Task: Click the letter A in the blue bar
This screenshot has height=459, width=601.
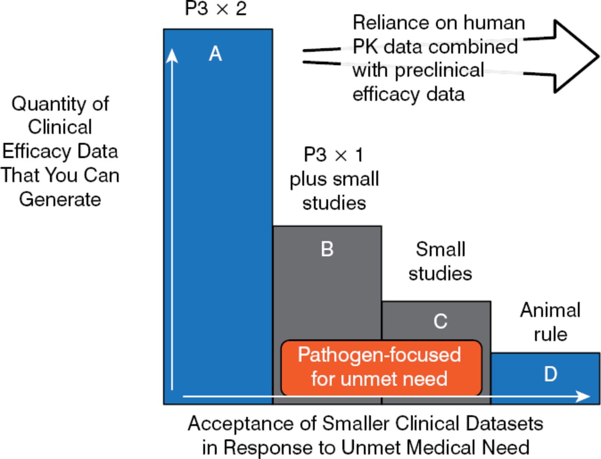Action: point(215,54)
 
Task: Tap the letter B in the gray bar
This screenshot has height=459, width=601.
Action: point(327,249)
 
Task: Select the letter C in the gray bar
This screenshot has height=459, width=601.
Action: point(440,322)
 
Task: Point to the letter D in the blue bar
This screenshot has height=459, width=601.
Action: point(550,374)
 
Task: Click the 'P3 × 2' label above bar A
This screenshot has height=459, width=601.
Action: point(216,9)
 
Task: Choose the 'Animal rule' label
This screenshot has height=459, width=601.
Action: point(550,322)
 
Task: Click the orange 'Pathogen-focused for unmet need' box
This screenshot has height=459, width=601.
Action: point(381,368)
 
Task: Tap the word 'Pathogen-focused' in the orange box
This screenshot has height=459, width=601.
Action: point(379,355)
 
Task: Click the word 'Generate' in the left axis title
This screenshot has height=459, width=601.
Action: point(60,199)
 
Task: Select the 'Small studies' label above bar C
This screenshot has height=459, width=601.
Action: point(440,261)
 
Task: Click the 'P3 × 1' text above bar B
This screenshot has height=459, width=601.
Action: point(334,155)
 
